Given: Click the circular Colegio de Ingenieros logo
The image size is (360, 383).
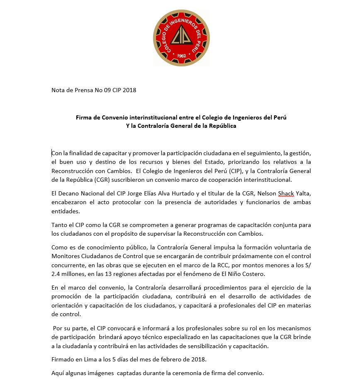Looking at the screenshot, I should tap(181, 38).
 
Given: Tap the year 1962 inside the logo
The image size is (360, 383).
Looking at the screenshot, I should tap(181, 56).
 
